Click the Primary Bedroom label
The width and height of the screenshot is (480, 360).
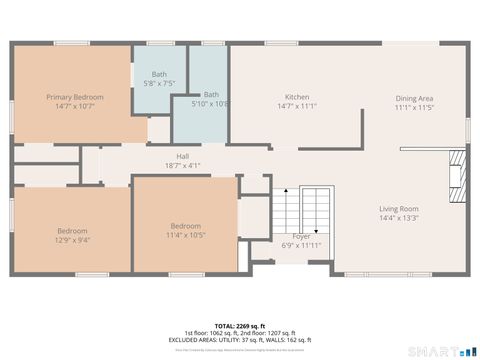[x=75, y=97]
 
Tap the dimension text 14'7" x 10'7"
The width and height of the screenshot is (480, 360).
[x=75, y=106]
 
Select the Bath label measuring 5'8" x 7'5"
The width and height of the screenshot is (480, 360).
[x=159, y=74]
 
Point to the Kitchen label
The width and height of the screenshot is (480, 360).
[x=297, y=97]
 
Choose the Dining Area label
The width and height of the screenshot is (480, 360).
[x=413, y=97]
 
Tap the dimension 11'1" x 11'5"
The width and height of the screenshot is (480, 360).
[x=413, y=106]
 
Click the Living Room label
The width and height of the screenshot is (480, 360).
[x=398, y=209]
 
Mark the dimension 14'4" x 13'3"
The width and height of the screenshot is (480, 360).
[x=398, y=218]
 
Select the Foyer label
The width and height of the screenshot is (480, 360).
[x=301, y=236]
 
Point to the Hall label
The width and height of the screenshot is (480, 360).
[x=183, y=157]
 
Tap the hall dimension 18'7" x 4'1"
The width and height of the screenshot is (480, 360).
[x=183, y=166]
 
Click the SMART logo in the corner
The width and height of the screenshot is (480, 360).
[x=446, y=351]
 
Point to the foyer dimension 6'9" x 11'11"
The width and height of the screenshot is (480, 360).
[x=301, y=245]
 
